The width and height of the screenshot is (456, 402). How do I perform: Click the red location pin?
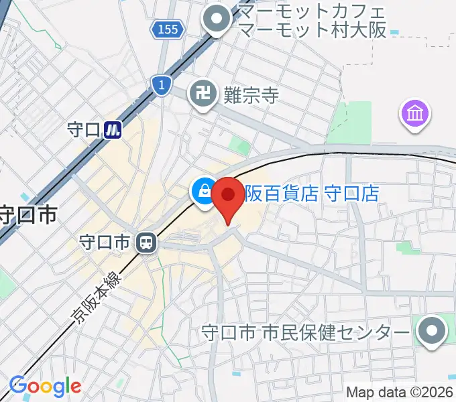[228, 196]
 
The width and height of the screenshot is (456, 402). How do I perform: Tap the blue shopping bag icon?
[202, 191]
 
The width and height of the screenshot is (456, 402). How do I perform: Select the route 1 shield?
[160, 84]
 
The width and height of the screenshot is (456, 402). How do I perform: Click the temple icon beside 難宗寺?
[202, 93]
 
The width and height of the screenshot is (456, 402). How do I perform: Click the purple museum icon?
[414, 113]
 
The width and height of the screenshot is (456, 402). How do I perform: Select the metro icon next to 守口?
[115, 129]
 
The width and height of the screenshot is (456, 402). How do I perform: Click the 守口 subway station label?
[84, 129]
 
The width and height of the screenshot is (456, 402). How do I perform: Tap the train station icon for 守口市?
[145, 243]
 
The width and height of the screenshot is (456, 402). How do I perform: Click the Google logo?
[45, 386]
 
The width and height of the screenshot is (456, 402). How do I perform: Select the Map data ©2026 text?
[400, 392]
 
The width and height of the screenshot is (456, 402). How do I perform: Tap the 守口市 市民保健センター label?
[306, 332]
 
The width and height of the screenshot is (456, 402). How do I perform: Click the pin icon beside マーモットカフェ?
[218, 21]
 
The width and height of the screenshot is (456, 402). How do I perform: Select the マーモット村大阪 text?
[312, 31]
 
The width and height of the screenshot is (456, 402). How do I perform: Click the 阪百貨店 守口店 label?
[311, 194]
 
